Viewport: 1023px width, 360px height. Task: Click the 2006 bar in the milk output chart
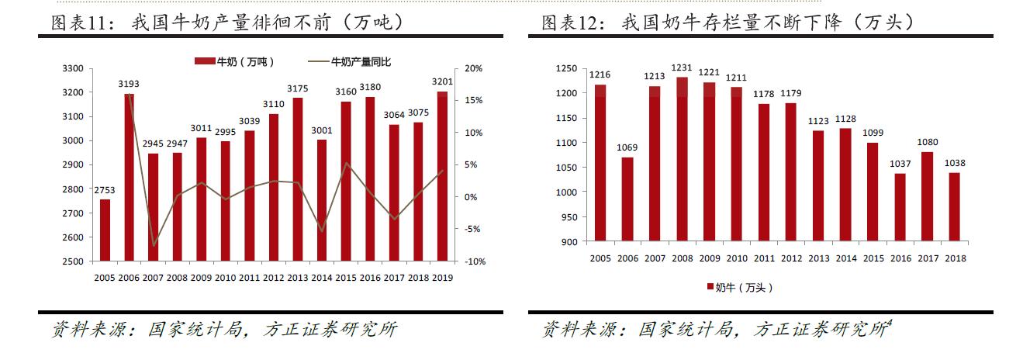pyautogui.click(x=129, y=178)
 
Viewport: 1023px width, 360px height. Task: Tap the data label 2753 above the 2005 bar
pyautogui.click(x=105, y=190)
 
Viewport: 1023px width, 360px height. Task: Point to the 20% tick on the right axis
pyautogui.click(x=472, y=68)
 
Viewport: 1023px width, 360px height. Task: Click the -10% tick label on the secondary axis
pyautogui.click(x=474, y=261)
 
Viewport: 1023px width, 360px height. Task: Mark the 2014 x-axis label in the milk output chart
pyautogui.click(x=321, y=277)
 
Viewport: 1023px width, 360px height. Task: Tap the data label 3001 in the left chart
pyautogui.click(x=321, y=130)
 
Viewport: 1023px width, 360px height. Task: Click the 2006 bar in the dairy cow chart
pyautogui.click(x=627, y=199)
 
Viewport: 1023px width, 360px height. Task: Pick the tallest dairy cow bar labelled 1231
pyautogui.click(x=682, y=159)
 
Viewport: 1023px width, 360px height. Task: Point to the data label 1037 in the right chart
pyautogui.click(x=900, y=164)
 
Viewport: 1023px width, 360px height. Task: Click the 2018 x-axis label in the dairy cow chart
pyautogui.click(x=954, y=258)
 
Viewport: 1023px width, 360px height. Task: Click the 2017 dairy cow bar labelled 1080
pyautogui.click(x=927, y=196)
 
